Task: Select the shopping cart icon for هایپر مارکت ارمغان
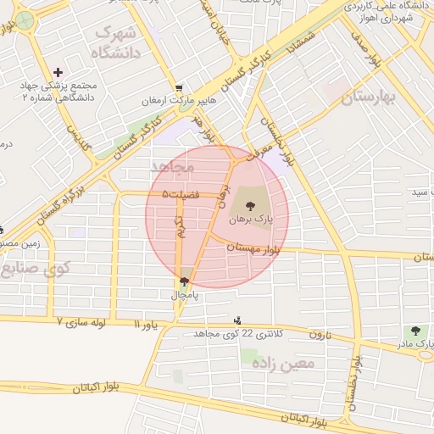click(178, 88)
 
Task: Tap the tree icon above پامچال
click(185, 281)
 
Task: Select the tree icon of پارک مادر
click(415, 331)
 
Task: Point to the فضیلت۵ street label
click(181, 195)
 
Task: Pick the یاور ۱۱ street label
click(146, 324)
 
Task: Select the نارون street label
click(317, 334)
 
